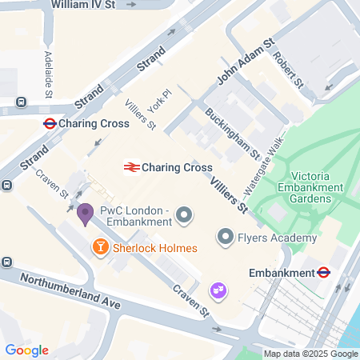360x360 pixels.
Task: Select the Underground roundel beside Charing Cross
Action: pyautogui.click(x=49, y=124)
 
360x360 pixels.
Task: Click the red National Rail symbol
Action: pyautogui.click(x=130, y=167)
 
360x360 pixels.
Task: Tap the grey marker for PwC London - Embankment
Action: pyautogui.click(x=184, y=214)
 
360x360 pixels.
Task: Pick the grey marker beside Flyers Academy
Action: pyautogui.click(x=226, y=237)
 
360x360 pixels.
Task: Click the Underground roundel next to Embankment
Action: pyautogui.click(x=324, y=272)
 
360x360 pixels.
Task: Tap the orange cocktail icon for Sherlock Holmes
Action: pyautogui.click(x=101, y=247)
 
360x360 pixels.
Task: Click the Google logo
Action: pyautogui.click(x=26, y=350)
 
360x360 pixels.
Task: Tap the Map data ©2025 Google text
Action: pyautogui.click(x=311, y=354)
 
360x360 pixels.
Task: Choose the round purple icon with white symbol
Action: pyautogui.click(x=218, y=290)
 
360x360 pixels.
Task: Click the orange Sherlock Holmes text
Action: pyautogui.click(x=154, y=248)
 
